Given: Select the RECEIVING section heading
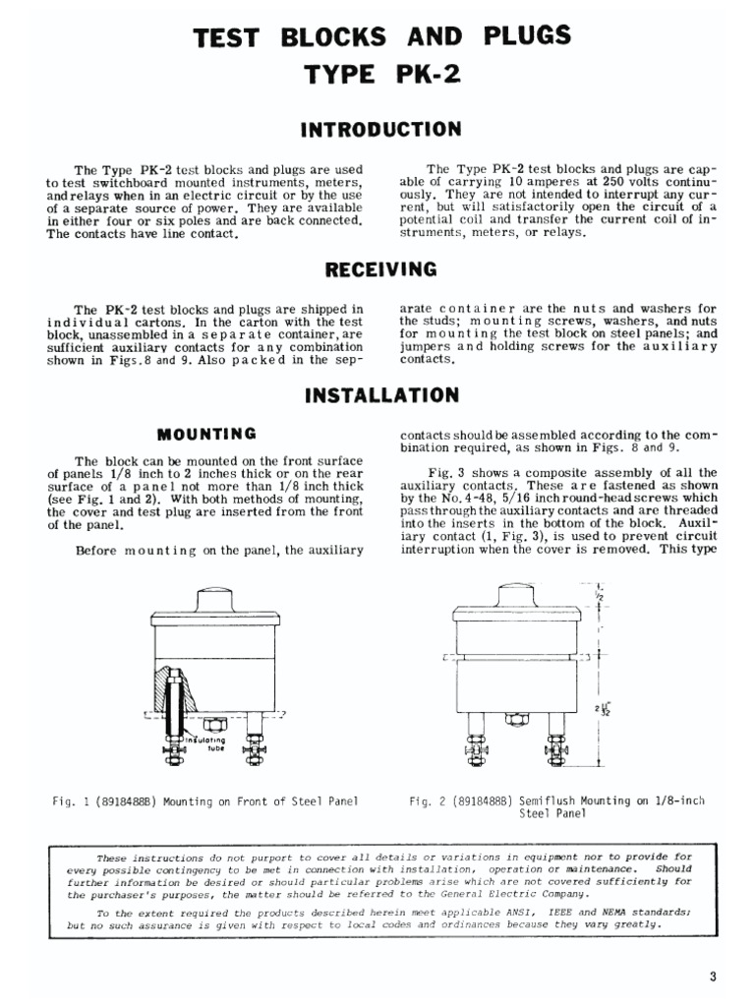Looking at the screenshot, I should click(379, 270).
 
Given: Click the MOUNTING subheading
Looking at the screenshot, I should click(207, 433).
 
